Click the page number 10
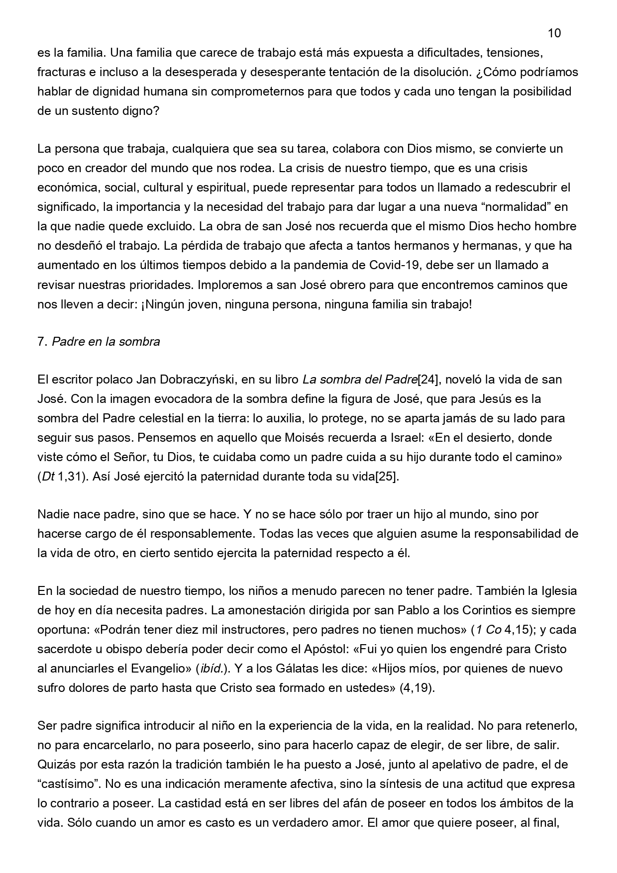554,33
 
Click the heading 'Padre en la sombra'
106,342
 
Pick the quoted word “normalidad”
507,207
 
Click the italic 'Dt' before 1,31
48,477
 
